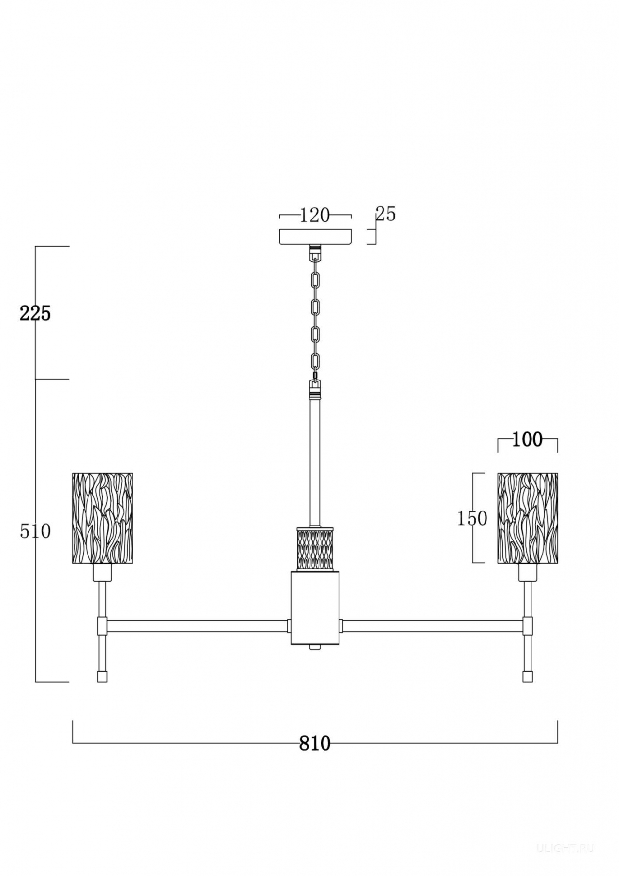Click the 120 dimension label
(x=315, y=215)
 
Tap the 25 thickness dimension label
(x=385, y=214)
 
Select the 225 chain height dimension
(x=35, y=313)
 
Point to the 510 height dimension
(x=35, y=531)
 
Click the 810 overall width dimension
(x=315, y=743)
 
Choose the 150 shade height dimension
(x=472, y=518)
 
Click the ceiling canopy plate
(x=315, y=236)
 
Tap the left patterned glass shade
(x=102, y=518)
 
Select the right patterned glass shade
(x=528, y=518)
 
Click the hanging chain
(x=315, y=319)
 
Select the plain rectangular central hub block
(x=315, y=608)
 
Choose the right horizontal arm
(x=433, y=626)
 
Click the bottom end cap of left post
(x=102, y=676)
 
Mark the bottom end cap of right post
(x=528, y=676)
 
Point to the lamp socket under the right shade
(x=528, y=572)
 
